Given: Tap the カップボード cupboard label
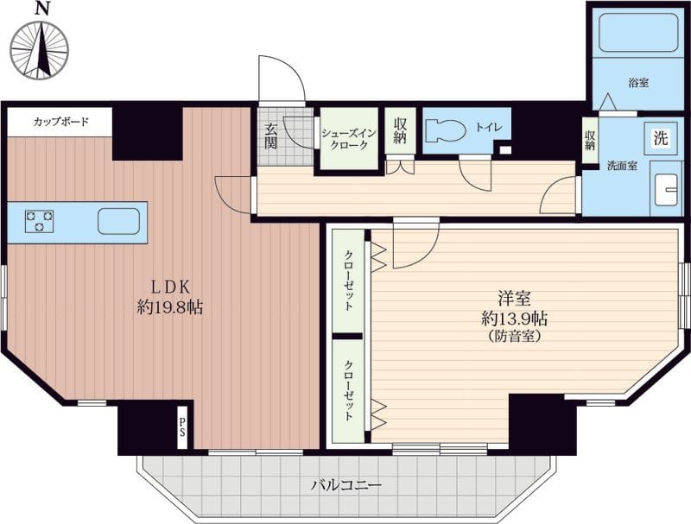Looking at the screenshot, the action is pyautogui.click(x=61, y=121).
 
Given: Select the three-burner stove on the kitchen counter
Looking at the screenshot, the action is pyautogui.click(x=39, y=221).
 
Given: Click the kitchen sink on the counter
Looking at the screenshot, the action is pyautogui.click(x=118, y=221).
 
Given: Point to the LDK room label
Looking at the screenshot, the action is pyautogui.click(x=170, y=287).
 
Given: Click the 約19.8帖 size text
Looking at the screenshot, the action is pyautogui.click(x=170, y=307).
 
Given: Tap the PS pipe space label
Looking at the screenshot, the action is pyautogui.click(x=182, y=426).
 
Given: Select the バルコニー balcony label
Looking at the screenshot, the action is pyautogui.click(x=346, y=486).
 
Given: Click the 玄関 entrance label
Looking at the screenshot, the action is pyautogui.click(x=270, y=136).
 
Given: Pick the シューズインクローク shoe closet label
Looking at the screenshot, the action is pyautogui.click(x=349, y=139).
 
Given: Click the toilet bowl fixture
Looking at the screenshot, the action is pyautogui.click(x=447, y=130).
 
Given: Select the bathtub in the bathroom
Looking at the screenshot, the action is pyautogui.click(x=638, y=32).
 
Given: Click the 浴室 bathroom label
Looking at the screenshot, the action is pyautogui.click(x=638, y=82).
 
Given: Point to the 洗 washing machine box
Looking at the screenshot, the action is pyautogui.click(x=660, y=139).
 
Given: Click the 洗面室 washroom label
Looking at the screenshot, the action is pyautogui.click(x=622, y=166).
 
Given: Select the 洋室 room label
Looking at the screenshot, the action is pyautogui.click(x=514, y=298).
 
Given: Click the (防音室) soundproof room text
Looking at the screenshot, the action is pyautogui.click(x=515, y=337).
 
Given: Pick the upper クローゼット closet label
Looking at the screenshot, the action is pyautogui.click(x=349, y=281).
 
